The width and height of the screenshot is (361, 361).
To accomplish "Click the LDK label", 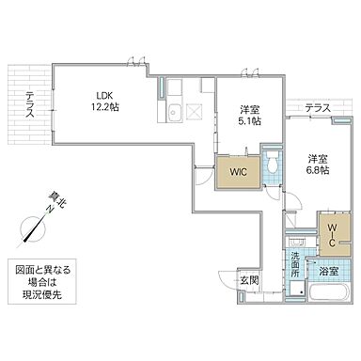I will [x=102, y=94].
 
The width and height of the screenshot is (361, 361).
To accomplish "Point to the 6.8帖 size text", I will [x=316, y=171].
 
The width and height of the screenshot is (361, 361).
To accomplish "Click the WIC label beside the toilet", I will [x=237, y=172].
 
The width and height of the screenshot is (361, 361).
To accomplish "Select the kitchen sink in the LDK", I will [x=174, y=116].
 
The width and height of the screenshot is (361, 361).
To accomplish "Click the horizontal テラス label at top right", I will [x=317, y=109].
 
